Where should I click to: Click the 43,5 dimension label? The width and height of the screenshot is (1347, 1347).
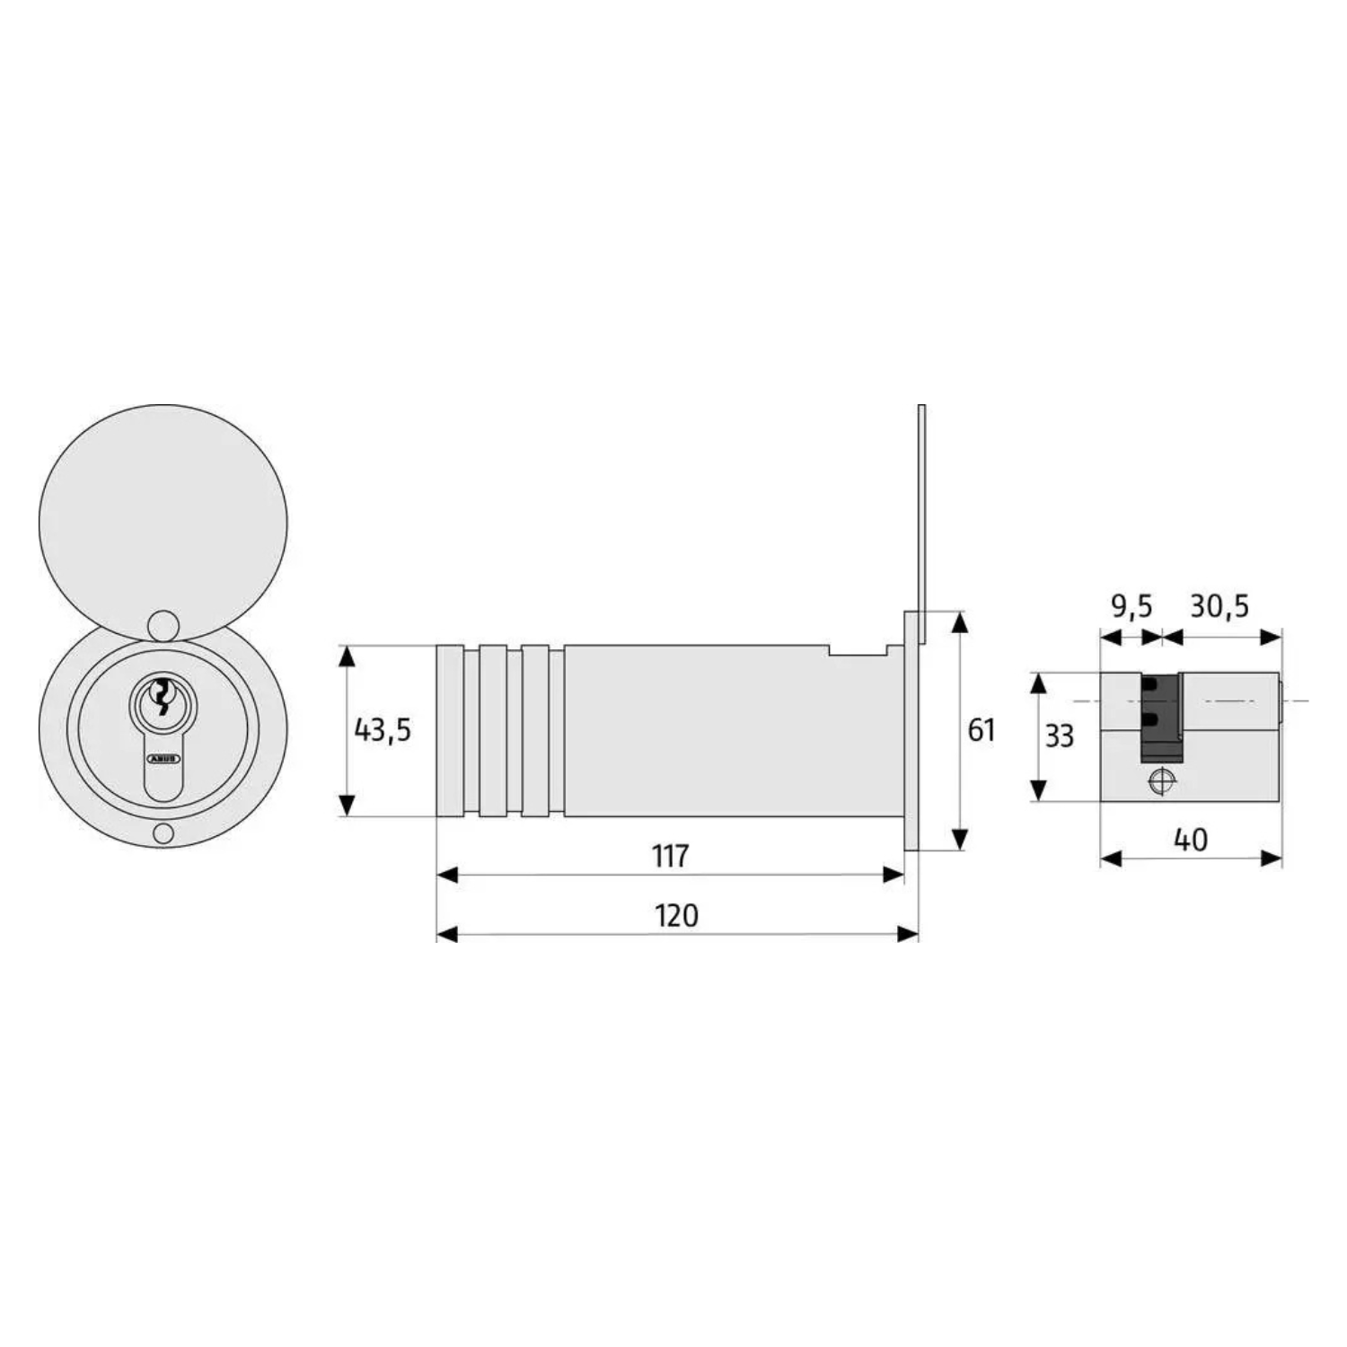(x=383, y=730)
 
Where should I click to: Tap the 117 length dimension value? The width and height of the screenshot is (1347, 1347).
(x=670, y=856)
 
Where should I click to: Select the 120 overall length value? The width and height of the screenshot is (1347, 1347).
(x=676, y=915)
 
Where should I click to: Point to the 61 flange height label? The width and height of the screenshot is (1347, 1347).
(x=981, y=730)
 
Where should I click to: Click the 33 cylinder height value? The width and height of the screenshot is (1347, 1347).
(x=1059, y=735)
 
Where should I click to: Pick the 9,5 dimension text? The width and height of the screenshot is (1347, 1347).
(x=1131, y=606)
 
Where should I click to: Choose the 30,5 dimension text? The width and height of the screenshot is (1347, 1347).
(x=1219, y=606)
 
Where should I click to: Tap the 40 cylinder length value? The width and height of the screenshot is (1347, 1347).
(x=1191, y=840)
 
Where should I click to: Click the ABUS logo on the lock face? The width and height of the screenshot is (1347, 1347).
(x=163, y=759)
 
